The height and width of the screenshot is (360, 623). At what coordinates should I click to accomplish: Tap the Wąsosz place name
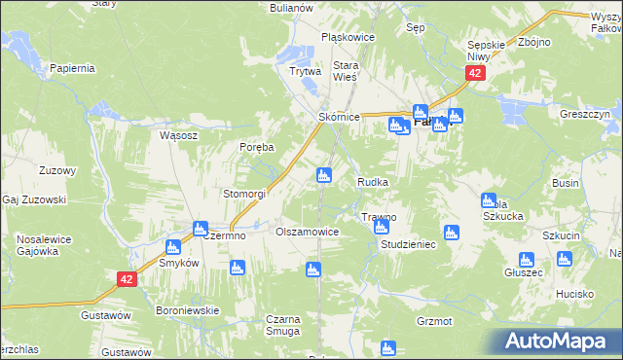pyautogui.click(x=179, y=135)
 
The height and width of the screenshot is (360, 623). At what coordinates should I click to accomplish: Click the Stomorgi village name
pyautogui.click(x=244, y=194)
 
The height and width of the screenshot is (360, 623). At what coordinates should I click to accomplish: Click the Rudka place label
pyautogui.click(x=374, y=182)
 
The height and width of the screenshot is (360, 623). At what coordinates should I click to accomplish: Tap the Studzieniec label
pyautogui.click(x=408, y=244)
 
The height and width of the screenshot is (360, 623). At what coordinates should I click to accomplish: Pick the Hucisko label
pyautogui.click(x=575, y=293)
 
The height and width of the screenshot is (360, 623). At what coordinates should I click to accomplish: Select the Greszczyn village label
pyautogui.click(x=584, y=114)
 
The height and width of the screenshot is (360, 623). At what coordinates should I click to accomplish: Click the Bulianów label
pyautogui.click(x=291, y=7)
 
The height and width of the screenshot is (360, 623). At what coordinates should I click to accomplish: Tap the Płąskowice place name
pyautogui.click(x=348, y=38)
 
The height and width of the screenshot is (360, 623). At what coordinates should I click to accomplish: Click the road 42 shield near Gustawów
pyautogui.click(x=127, y=279)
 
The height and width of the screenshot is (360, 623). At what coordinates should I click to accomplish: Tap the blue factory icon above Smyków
pyautogui.click(x=174, y=247)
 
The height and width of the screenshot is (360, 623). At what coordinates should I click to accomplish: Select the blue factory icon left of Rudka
pyautogui.click(x=324, y=176)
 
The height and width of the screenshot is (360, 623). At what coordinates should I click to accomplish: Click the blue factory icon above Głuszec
pyautogui.click(x=526, y=259)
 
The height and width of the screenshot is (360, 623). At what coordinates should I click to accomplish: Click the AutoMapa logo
pyautogui.click(x=558, y=342)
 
